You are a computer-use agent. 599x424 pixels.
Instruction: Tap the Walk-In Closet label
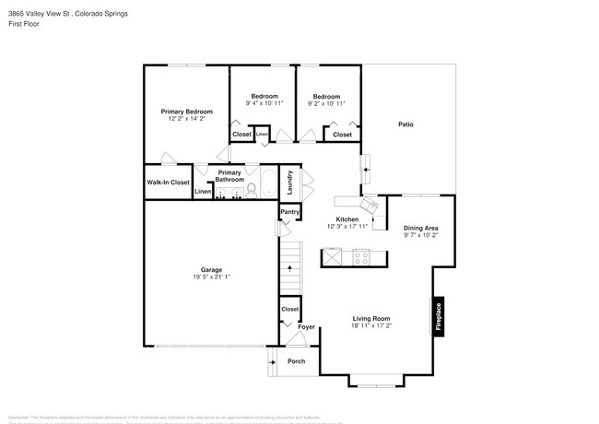pos(168,183)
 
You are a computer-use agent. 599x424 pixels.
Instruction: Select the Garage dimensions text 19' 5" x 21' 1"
pos(212,277)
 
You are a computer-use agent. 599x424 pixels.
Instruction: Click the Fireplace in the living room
pos(439,316)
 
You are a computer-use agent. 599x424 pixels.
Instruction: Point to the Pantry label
pos(289,212)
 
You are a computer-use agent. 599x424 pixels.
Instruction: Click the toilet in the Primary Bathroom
pos(251,191)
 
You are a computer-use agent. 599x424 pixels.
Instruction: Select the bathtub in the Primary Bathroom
pos(266,182)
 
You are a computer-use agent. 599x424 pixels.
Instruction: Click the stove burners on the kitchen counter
pos(361,258)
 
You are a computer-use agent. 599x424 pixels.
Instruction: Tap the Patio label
pos(405,124)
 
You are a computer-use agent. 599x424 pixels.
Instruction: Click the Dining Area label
pos(420,228)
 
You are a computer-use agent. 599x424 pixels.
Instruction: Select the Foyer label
pos(306,327)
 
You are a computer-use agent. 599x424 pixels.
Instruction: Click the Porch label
pos(296,361)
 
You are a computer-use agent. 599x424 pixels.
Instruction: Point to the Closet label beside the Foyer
pos(289,310)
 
